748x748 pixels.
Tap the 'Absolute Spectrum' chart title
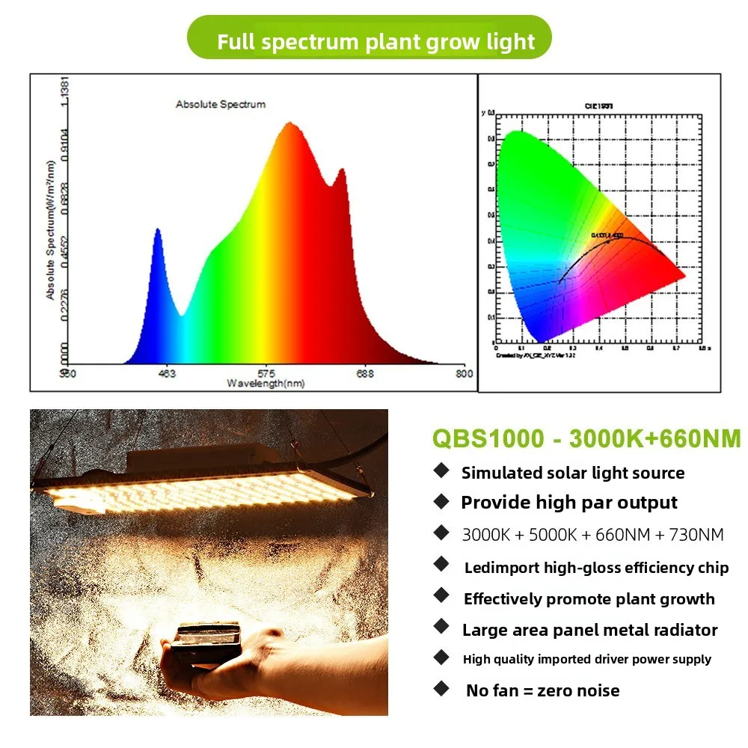[221, 104]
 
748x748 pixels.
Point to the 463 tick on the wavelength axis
[168, 373]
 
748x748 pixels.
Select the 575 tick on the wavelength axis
[267, 373]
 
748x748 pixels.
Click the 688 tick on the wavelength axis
[364, 373]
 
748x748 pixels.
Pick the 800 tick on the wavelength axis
[464, 373]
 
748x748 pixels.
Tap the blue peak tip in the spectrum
[158, 230]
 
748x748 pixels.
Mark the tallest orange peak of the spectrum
[289, 123]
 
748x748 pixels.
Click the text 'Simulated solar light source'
[572, 473]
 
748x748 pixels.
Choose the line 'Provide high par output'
[568, 503]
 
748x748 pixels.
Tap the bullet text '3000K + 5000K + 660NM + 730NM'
[592, 535]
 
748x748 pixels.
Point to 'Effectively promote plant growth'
[589, 599]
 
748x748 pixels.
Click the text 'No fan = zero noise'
[542, 690]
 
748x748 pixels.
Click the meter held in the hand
[205, 641]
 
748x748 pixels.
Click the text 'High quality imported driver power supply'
[586, 659]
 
